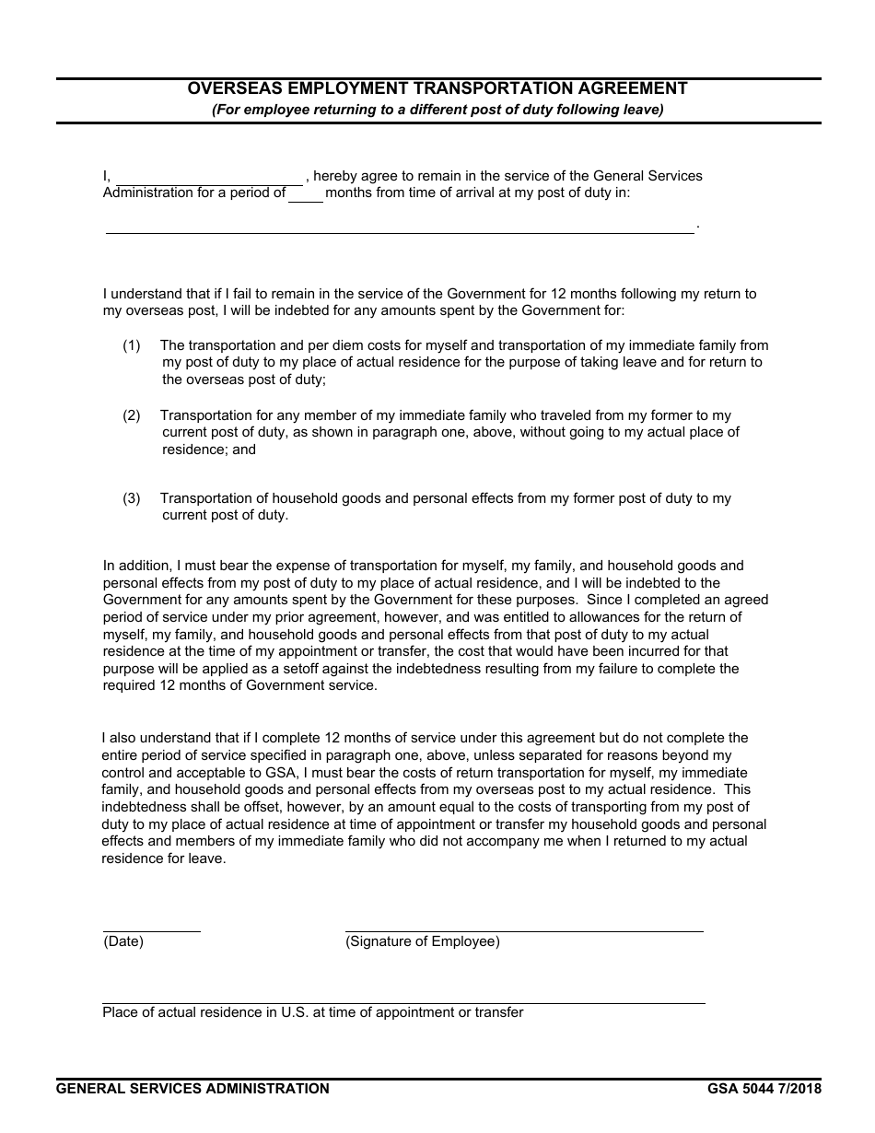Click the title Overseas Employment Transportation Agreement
[x=437, y=88]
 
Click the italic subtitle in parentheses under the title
[x=437, y=110]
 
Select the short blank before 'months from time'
[x=306, y=195]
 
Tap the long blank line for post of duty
[x=400, y=228]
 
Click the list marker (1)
[x=132, y=345]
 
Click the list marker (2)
[x=132, y=415]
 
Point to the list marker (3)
[x=132, y=498]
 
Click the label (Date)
[x=123, y=941]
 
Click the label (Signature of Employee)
[x=423, y=941]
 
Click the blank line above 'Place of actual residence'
[x=403, y=1000]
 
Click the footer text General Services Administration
[x=192, y=1089]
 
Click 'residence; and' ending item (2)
[x=209, y=450]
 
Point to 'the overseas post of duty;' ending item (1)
[x=244, y=380]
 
